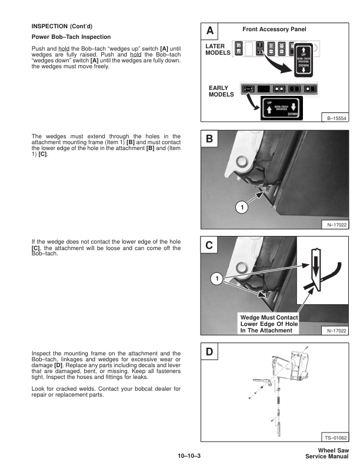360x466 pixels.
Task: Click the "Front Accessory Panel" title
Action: pos(274,29)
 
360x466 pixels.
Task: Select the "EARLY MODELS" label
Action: pos(221,91)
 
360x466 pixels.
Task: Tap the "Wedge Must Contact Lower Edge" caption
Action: pos(269,324)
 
